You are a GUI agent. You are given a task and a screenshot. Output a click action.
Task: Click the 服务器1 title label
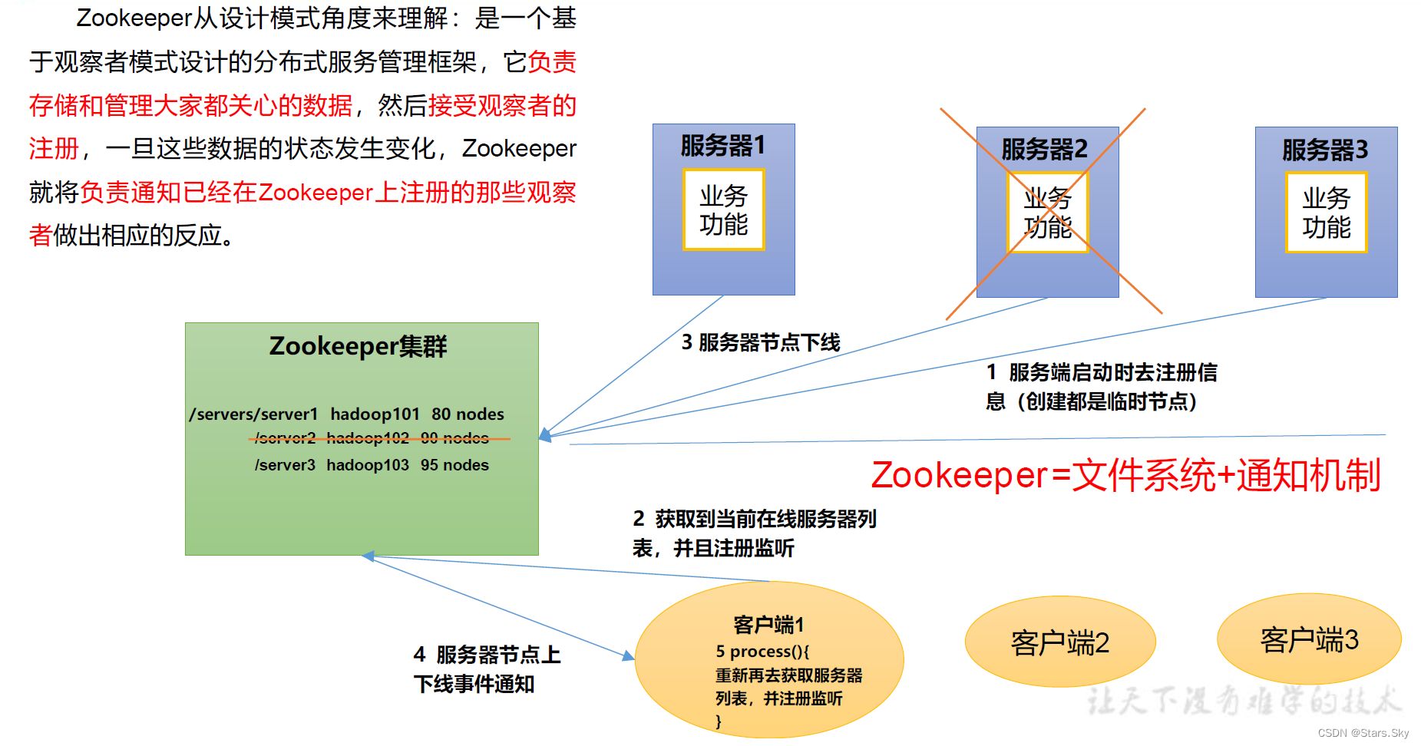pos(722,146)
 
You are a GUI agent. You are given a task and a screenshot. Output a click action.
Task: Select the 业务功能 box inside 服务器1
pos(723,210)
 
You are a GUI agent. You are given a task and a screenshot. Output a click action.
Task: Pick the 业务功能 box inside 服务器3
pos(1326,213)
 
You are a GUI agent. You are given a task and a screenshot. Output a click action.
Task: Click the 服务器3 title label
pos(1325,150)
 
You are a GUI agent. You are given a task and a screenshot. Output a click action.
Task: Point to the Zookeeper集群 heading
pos(358,346)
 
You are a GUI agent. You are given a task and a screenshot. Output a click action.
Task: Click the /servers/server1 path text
pos(253,414)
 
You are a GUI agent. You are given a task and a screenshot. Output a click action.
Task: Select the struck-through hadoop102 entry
pos(368,438)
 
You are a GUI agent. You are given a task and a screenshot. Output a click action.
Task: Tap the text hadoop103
pos(368,465)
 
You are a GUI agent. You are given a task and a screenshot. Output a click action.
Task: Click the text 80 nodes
pos(468,414)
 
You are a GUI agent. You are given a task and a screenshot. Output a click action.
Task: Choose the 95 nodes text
pos(454,465)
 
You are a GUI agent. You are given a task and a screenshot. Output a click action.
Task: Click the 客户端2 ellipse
pos(1059,642)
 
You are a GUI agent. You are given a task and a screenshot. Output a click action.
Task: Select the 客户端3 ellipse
pos(1309,639)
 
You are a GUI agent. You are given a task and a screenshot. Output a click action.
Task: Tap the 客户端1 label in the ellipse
pos(768,625)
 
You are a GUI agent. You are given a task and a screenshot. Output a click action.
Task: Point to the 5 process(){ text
pos(762,652)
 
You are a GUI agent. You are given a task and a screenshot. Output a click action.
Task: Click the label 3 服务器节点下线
pos(761,342)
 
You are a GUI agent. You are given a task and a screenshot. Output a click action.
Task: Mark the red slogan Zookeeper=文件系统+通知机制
pos(1125,475)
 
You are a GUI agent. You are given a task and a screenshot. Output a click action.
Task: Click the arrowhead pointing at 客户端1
pos(629,656)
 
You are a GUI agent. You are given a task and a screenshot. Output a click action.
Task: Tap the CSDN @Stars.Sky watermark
pos(1363,733)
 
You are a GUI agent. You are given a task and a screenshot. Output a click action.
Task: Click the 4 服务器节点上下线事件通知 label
pos(486,669)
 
